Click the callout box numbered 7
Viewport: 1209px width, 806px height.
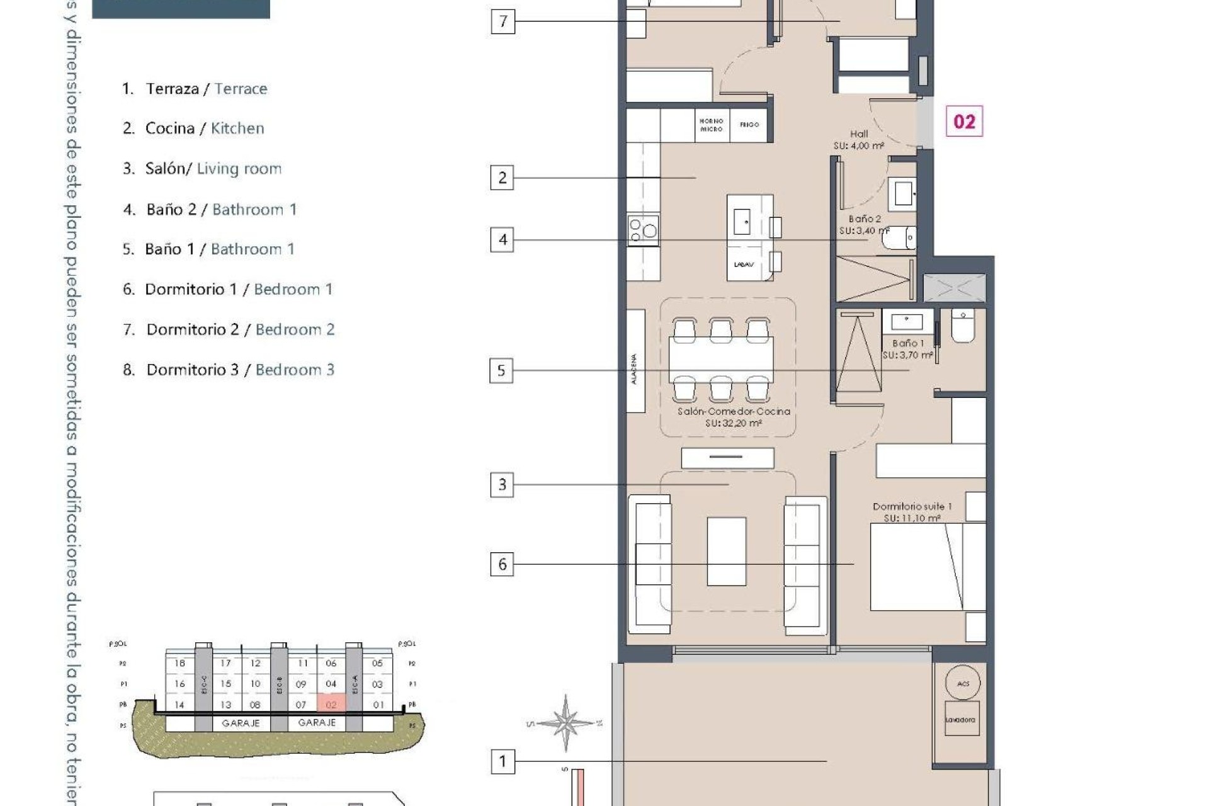coord(502,21)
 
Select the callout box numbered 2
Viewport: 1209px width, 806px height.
coord(502,178)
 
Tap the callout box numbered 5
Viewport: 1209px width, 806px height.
coord(501,370)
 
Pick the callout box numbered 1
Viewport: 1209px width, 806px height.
coord(502,761)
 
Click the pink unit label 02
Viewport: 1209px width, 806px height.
coord(964,122)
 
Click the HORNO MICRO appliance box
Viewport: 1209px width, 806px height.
coord(711,125)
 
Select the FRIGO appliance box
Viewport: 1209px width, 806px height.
coord(749,125)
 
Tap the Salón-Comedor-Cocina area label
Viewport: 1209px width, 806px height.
coord(734,417)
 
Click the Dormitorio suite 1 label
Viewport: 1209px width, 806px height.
coord(912,512)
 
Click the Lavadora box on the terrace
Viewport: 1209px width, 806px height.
coord(961,718)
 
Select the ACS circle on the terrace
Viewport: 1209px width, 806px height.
coord(963,683)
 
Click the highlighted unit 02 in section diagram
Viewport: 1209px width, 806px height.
coord(331,704)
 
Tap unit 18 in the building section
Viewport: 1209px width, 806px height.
coord(180,663)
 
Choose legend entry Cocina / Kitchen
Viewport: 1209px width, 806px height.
coord(193,128)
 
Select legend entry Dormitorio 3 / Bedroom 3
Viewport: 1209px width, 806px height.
coord(228,370)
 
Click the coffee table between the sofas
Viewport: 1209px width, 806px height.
coord(726,552)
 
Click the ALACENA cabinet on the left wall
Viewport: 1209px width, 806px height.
coord(635,361)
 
